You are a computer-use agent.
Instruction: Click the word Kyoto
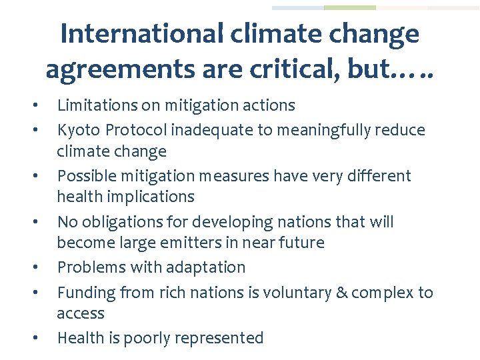77,129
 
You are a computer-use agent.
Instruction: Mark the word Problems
87,267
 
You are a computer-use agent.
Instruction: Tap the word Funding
84,293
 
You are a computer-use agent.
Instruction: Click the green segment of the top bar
349,8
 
